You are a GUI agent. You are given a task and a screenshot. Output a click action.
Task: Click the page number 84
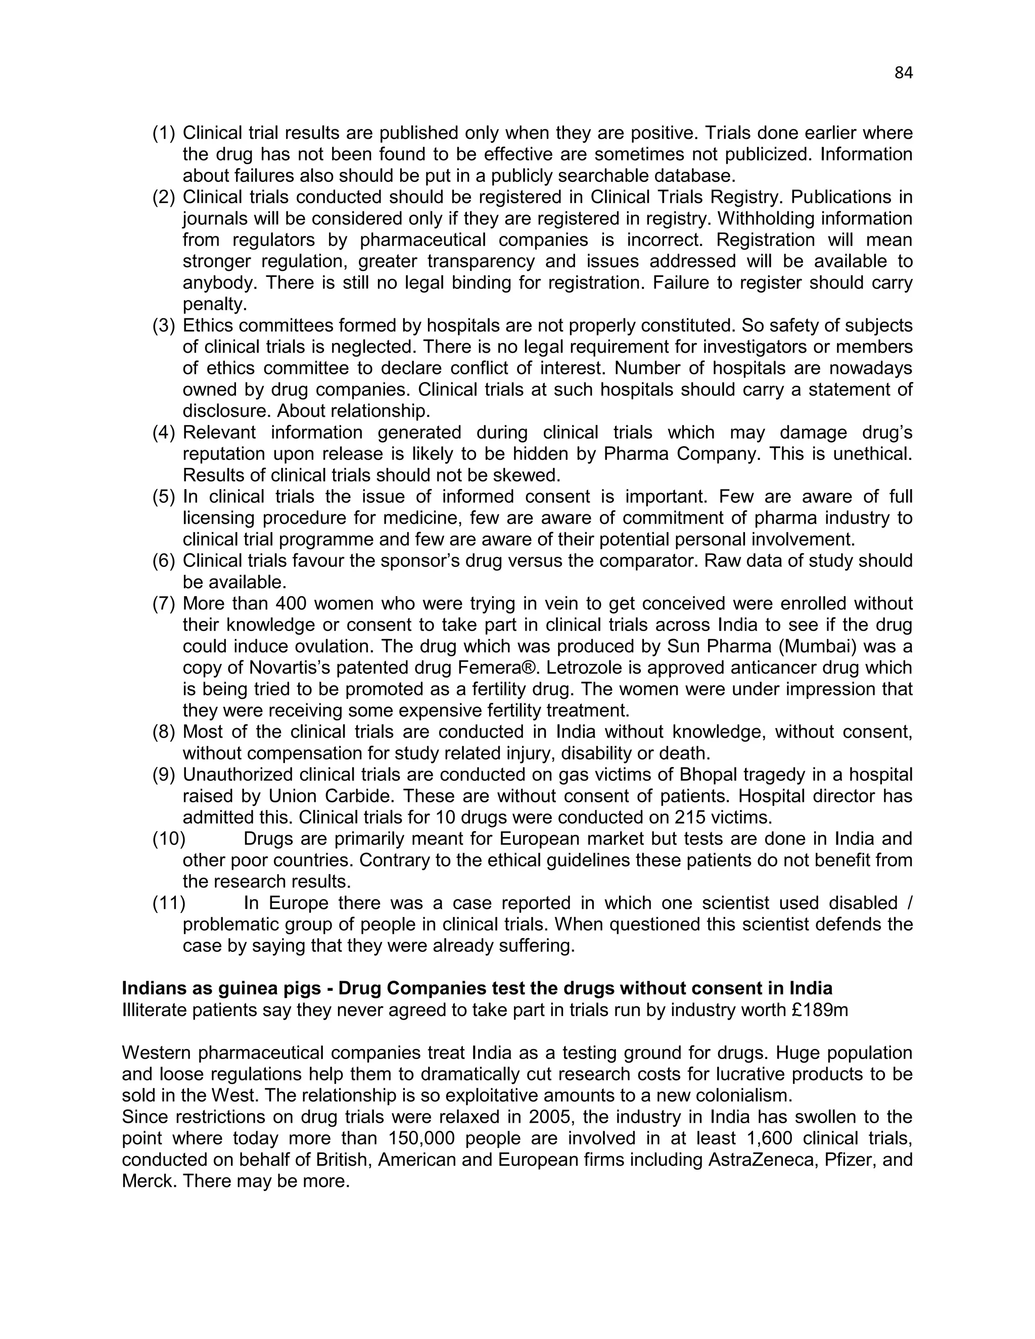tap(903, 73)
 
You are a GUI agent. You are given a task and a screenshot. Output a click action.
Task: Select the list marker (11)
tap(169, 903)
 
